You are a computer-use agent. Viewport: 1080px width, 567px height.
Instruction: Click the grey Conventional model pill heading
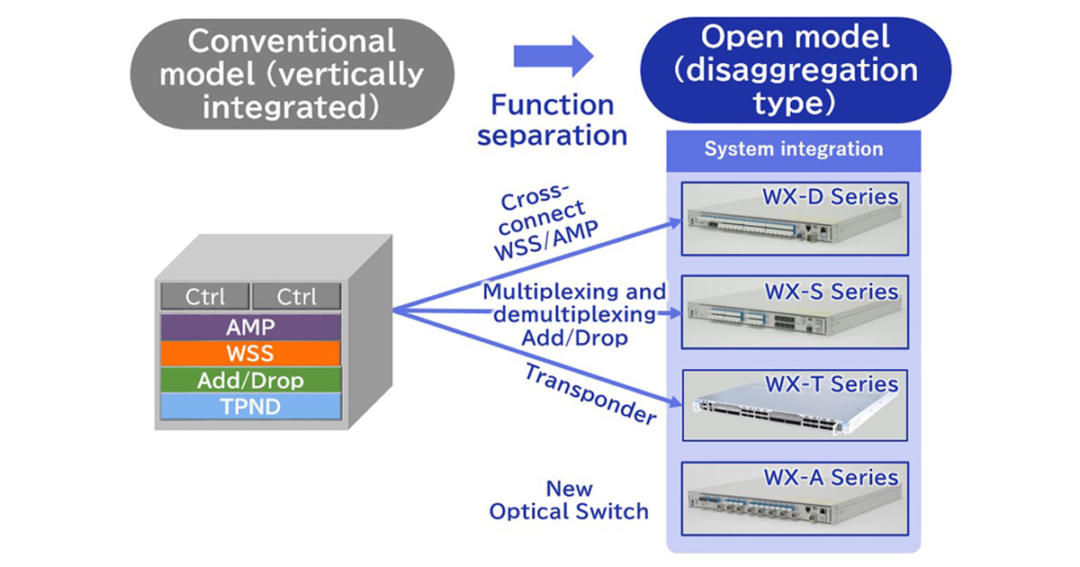point(291,74)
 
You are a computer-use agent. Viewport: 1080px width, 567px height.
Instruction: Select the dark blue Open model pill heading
point(795,70)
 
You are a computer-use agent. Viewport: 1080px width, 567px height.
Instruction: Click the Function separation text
point(552,120)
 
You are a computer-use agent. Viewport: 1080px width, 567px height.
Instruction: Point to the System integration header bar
point(793,149)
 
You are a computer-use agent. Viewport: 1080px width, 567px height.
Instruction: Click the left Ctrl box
point(204,297)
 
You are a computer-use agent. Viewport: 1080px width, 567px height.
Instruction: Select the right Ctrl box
point(296,297)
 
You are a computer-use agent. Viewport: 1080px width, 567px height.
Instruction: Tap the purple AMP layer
point(250,327)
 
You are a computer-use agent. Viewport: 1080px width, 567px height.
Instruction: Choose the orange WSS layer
point(250,354)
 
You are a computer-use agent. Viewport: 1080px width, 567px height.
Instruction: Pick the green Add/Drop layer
point(250,381)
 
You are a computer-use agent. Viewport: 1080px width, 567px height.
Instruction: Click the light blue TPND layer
point(250,407)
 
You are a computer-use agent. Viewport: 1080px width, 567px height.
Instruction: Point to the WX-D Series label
point(831,195)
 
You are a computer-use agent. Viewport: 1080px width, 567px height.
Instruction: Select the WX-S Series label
point(831,292)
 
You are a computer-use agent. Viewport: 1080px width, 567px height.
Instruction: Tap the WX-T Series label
point(831,384)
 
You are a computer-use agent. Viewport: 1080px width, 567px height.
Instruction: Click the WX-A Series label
point(831,477)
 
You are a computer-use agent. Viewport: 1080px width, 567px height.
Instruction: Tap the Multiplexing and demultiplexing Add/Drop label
point(574,315)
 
